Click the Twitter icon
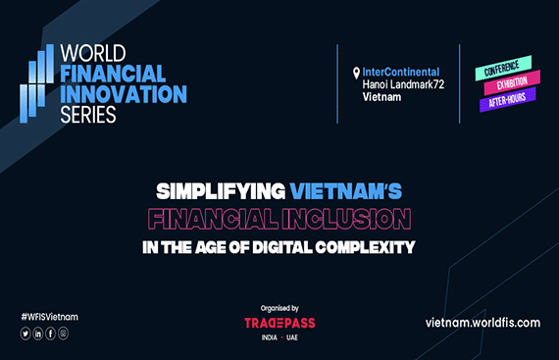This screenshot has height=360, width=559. [x=25, y=334]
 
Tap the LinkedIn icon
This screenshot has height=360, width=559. [x=38, y=334]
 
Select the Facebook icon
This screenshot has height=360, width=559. [x=51, y=334]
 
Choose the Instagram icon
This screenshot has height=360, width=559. [x=64, y=334]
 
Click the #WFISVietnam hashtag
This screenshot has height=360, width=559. [x=49, y=317]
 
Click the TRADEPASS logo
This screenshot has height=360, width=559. [x=279, y=323]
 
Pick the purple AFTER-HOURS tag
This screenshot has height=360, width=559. [x=507, y=102]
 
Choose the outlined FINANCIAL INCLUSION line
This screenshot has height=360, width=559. [x=279, y=215]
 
